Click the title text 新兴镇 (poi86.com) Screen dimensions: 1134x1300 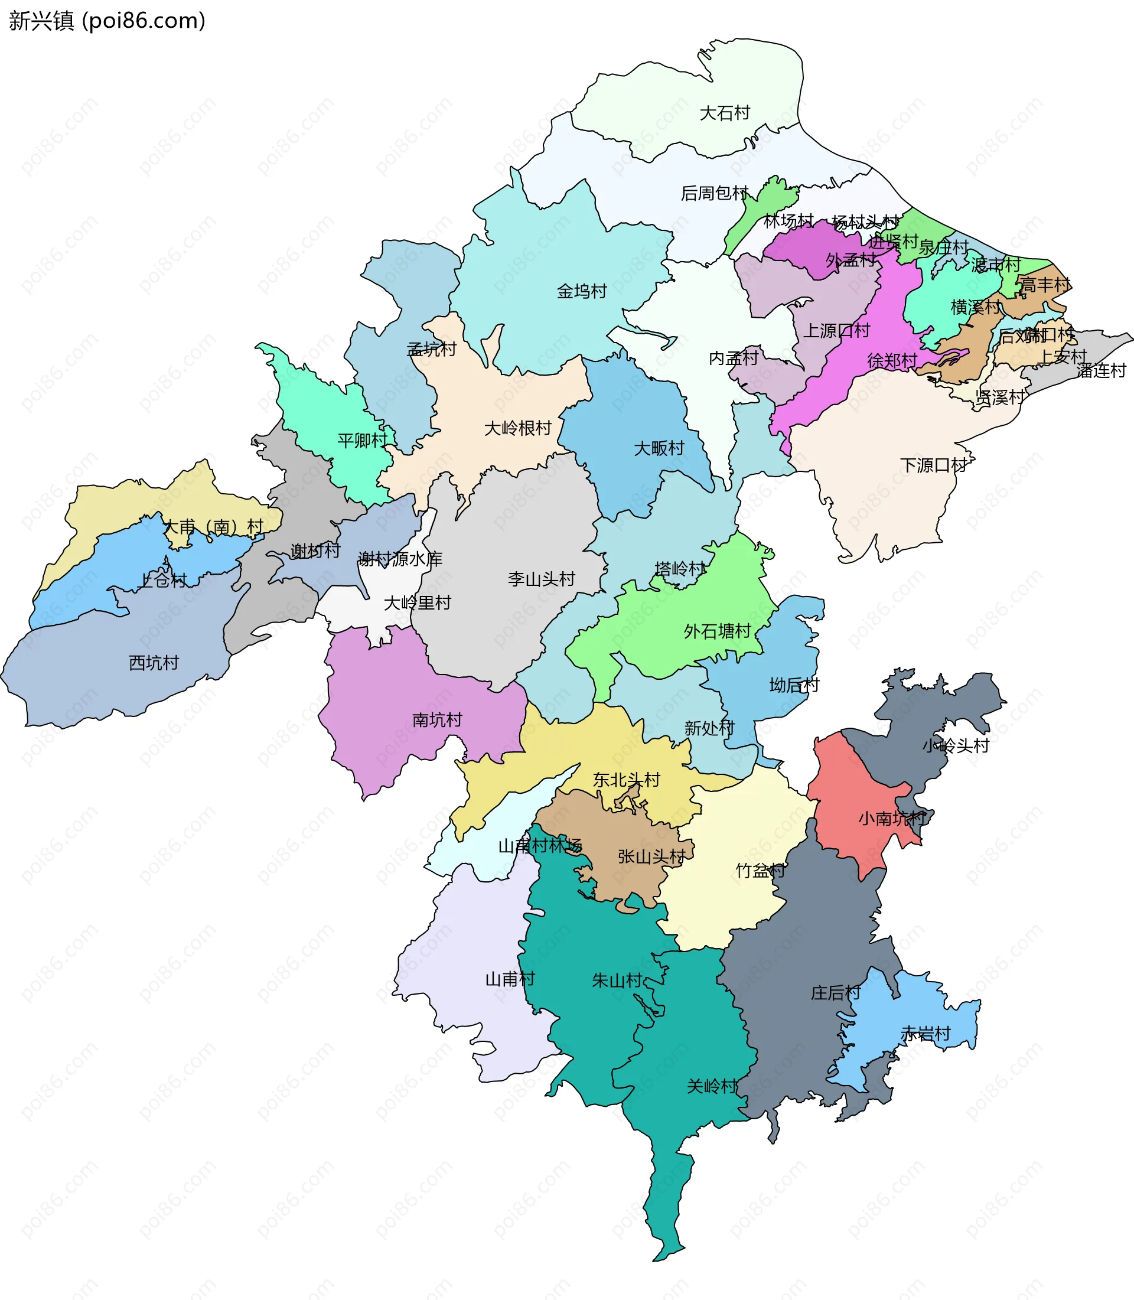(x=107, y=21)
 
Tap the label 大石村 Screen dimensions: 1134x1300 (x=725, y=113)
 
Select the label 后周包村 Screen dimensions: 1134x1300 (x=715, y=193)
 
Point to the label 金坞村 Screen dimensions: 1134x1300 (x=582, y=291)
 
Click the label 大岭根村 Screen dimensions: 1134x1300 (x=517, y=428)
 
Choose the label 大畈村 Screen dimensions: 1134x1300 (x=659, y=448)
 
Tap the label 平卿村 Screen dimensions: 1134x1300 (x=363, y=441)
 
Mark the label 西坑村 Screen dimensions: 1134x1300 (x=154, y=663)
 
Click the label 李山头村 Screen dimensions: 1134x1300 (x=541, y=579)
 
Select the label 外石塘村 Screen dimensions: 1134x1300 (x=717, y=631)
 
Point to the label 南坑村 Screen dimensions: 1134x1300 (x=436, y=719)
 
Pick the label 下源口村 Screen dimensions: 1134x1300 (x=933, y=465)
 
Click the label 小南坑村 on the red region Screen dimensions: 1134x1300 (x=892, y=819)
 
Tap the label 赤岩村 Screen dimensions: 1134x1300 (x=925, y=1034)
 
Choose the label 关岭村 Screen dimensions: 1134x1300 (x=712, y=1086)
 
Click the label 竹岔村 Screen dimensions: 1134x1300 (x=760, y=871)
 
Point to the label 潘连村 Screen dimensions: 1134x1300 (x=1101, y=371)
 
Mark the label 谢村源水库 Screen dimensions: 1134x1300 (x=400, y=559)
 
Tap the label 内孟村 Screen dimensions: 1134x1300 (x=734, y=359)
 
